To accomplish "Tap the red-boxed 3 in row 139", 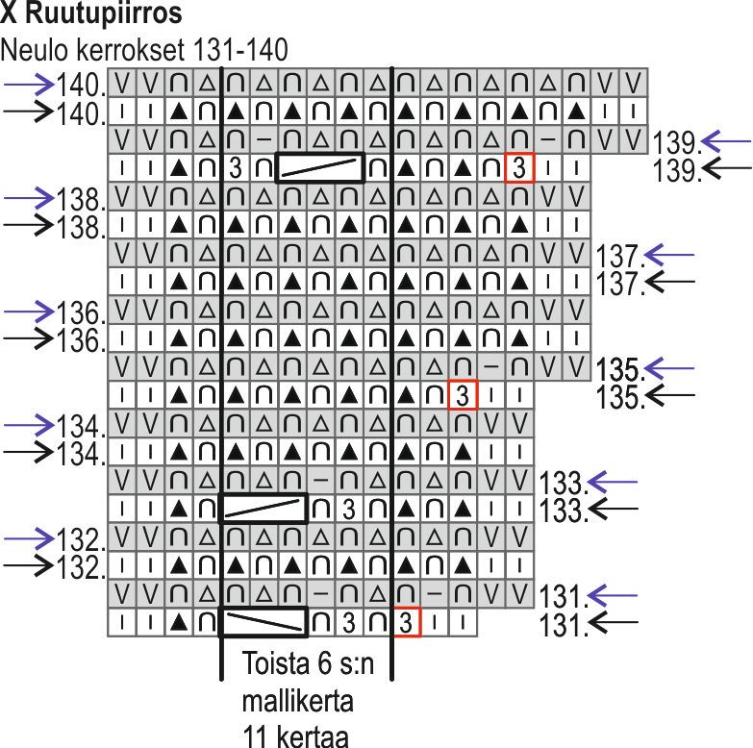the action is click(519, 168).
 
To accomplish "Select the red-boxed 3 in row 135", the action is click(463, 395).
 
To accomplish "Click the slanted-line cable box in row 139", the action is click(320, 168).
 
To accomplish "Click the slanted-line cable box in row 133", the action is click(264, 509).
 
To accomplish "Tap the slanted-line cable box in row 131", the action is click(264, 622).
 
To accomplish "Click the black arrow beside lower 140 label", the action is click(28, 111).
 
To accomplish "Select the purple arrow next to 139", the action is click(725, 142).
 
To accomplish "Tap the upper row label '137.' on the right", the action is click(619, 257).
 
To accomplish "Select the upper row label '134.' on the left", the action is click(79, 426).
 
